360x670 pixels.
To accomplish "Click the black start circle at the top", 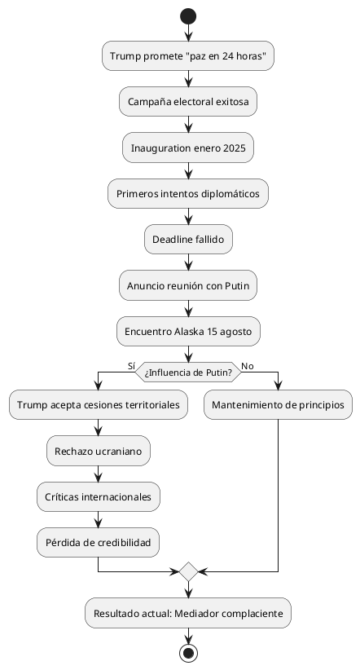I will tap(188, 16).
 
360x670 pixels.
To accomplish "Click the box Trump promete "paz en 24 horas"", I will tap(188, 55).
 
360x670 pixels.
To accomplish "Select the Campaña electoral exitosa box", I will tap(188, 101).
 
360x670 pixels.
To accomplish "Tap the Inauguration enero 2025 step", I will tap(188, 148).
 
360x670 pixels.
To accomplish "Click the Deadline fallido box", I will tap(188, 240).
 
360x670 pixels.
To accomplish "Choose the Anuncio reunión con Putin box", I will tap(188, 285).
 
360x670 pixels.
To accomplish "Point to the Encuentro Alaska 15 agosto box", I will tap(188, 331).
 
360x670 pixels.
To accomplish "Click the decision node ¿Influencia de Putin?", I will tap(188, 372).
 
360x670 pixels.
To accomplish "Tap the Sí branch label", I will tap(131, 366).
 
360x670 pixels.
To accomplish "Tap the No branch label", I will tap(248, 366).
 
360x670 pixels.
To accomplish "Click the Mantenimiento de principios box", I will tap(279, 404).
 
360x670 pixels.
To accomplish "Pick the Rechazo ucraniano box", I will tap(99, 450).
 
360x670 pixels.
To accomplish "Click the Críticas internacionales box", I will tap(99, 496).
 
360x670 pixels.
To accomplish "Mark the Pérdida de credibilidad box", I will tap(99, 542).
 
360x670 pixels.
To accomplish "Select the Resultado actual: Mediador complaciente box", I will tap(188, 612).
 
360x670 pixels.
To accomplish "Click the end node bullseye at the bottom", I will tap(188, 653).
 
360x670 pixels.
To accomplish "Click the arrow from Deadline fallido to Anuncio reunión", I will tap(188, 262).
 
